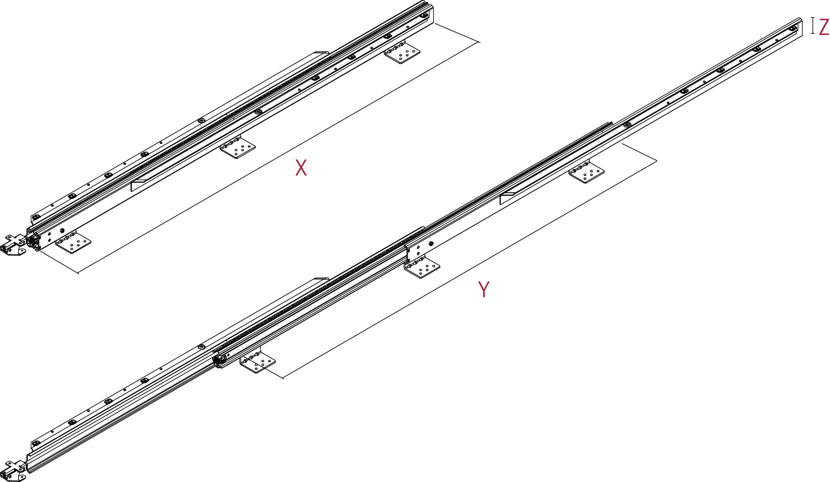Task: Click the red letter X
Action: [301, 168]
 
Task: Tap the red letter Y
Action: [483, 289]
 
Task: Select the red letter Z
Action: [824, 26]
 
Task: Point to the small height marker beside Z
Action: [813, 25]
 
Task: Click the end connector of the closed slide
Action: [13, 245]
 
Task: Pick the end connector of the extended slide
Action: [13, 470]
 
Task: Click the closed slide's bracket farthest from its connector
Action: [403, 53]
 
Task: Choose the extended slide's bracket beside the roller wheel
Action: [258, 362]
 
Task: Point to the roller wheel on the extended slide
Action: [218, 359]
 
